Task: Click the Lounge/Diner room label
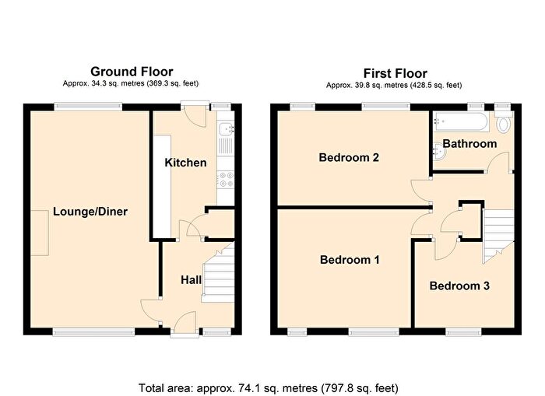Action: (x=90, y=212)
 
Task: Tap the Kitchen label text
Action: (x=185, y=163)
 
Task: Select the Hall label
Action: (x=192, y=279)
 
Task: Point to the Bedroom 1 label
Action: (x=350, y=260)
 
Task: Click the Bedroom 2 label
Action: (x=349, y=158)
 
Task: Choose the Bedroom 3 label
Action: (x=459, y=286)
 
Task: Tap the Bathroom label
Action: (x=469, y=144)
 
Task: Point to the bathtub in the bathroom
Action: (x=462, y=122)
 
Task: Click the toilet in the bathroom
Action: (x=504, y=124)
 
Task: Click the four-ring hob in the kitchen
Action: (x=225, y=180)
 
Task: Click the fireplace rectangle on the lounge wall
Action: (x=40, y=234)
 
